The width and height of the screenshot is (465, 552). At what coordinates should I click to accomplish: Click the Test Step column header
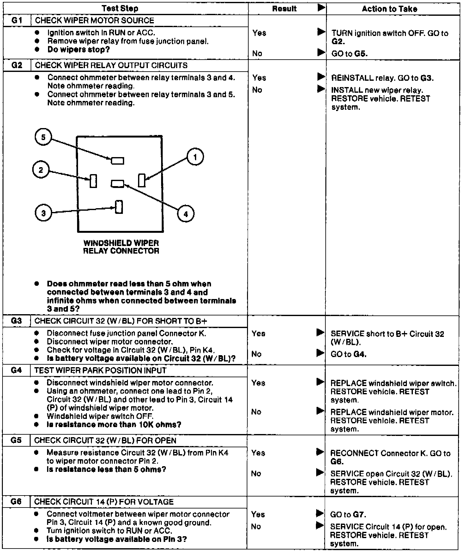120,9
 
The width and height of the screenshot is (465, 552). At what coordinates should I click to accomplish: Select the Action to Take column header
389,9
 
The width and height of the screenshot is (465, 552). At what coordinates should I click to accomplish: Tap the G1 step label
17,21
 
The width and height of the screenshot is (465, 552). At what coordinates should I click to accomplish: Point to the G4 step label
16,370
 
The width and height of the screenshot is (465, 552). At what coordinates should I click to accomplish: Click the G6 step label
16,502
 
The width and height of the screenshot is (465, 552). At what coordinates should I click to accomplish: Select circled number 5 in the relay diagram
43,137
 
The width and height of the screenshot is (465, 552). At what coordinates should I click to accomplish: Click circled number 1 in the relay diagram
195,157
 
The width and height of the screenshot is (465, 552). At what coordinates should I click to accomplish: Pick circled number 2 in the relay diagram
41,170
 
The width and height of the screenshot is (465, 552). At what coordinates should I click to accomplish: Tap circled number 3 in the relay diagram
43,213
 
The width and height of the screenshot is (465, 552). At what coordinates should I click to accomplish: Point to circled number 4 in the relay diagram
185,214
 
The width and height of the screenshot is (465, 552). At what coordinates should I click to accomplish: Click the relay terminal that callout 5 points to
118,161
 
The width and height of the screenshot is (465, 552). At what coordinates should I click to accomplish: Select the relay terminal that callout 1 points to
142,180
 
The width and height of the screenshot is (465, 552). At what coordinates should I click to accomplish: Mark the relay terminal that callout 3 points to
119,207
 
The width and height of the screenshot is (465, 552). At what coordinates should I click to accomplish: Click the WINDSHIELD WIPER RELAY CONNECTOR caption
121,247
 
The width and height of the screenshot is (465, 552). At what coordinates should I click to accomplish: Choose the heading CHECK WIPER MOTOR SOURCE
94,21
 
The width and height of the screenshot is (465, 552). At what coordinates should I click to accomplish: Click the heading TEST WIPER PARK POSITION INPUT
100,370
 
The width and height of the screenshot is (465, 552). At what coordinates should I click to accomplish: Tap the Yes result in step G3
258,333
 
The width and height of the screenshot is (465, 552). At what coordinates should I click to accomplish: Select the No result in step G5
256,473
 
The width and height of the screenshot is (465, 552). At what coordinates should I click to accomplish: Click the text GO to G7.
348,514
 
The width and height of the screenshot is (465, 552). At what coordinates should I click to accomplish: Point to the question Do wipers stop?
78,50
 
